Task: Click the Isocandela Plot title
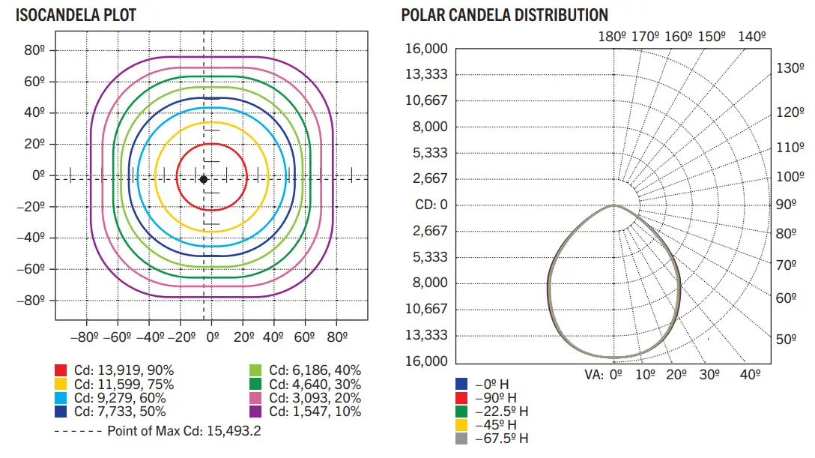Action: pyautogui.click(x=76, y=15)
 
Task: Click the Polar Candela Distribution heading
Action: pyautogui.click(x=504, y=15)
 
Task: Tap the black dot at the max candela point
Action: pyautogui.click(x=203, y=178)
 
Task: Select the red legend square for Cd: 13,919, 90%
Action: pyautogui.click(x=61, y=370)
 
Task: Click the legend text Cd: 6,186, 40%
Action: pyautogui.click(x=315, y=370)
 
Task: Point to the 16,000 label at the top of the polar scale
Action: pyautogui.click(x=426, y=49)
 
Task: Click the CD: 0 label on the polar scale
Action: pyautogui.click(x=431, y=205)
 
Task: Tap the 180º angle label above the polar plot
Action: pyautogui.click(x=613, y=35)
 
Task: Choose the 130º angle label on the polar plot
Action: pyautogui.click(x=790, y=67)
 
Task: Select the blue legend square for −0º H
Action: pyautogui.click(x=461, y=385)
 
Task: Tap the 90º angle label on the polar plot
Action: pyautogui.click(x=786, y=205)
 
